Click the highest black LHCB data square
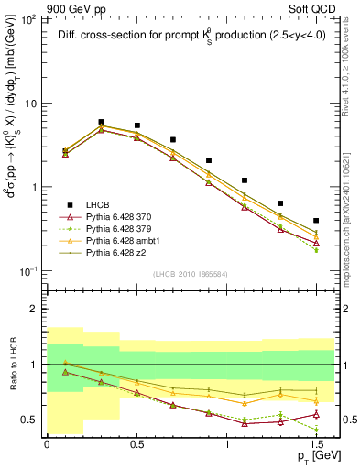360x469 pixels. point(101,121)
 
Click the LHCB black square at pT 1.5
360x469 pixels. point(316,221)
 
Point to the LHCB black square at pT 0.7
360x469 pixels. point(172,140)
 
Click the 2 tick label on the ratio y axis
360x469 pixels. point(37,310)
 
